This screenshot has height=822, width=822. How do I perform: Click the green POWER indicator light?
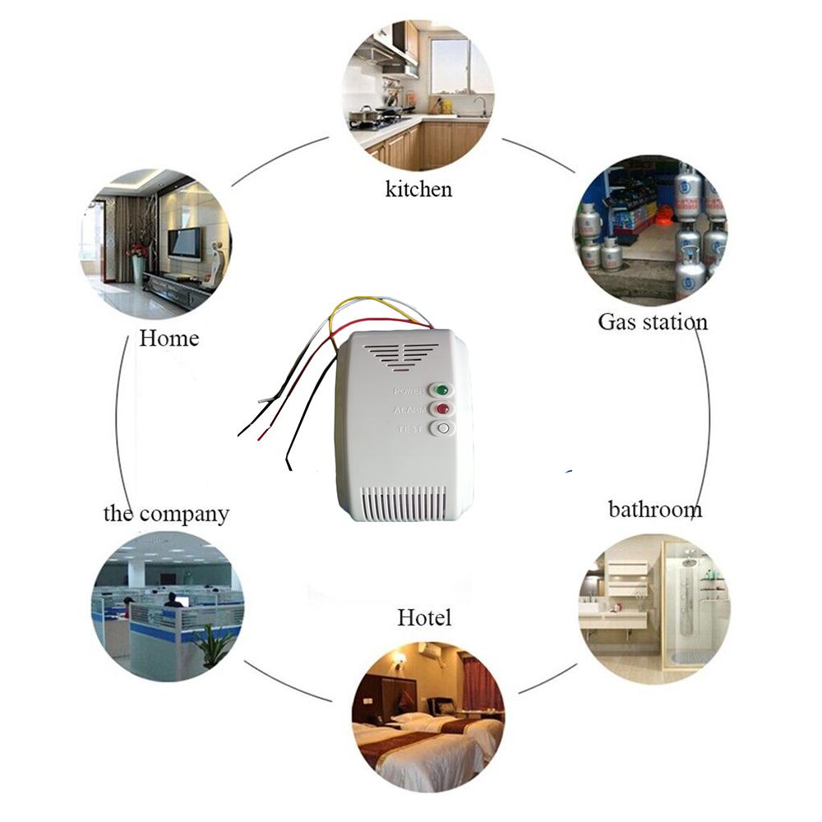pyautogui.click(x=442, y=390)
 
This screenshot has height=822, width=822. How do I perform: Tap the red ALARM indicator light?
pyautogui.click(x=442, y=409)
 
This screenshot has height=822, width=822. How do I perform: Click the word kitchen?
pyautogui.click(x=418, y=189)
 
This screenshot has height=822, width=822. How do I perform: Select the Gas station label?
pyautogui.click(x=652, y=321)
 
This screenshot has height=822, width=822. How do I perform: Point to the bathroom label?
pyautogui.click(x=655, y=509)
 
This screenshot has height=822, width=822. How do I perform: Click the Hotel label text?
pyautogui.click(x=424, y=616)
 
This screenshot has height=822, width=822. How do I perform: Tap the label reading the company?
pyautogui.click(x=166, y=514)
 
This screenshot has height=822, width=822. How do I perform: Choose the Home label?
pyautogui.click(x=169, y=338)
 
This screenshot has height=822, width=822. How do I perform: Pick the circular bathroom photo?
pyautogui.click(x=654, y=609)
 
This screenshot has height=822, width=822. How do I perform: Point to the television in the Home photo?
pyautogui.click(x=184, y=244)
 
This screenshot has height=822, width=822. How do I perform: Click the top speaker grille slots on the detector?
pyautogui.click(x=400, y=354)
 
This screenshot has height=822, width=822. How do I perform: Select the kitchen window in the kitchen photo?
pyautogui.click(x=450, y=66)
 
